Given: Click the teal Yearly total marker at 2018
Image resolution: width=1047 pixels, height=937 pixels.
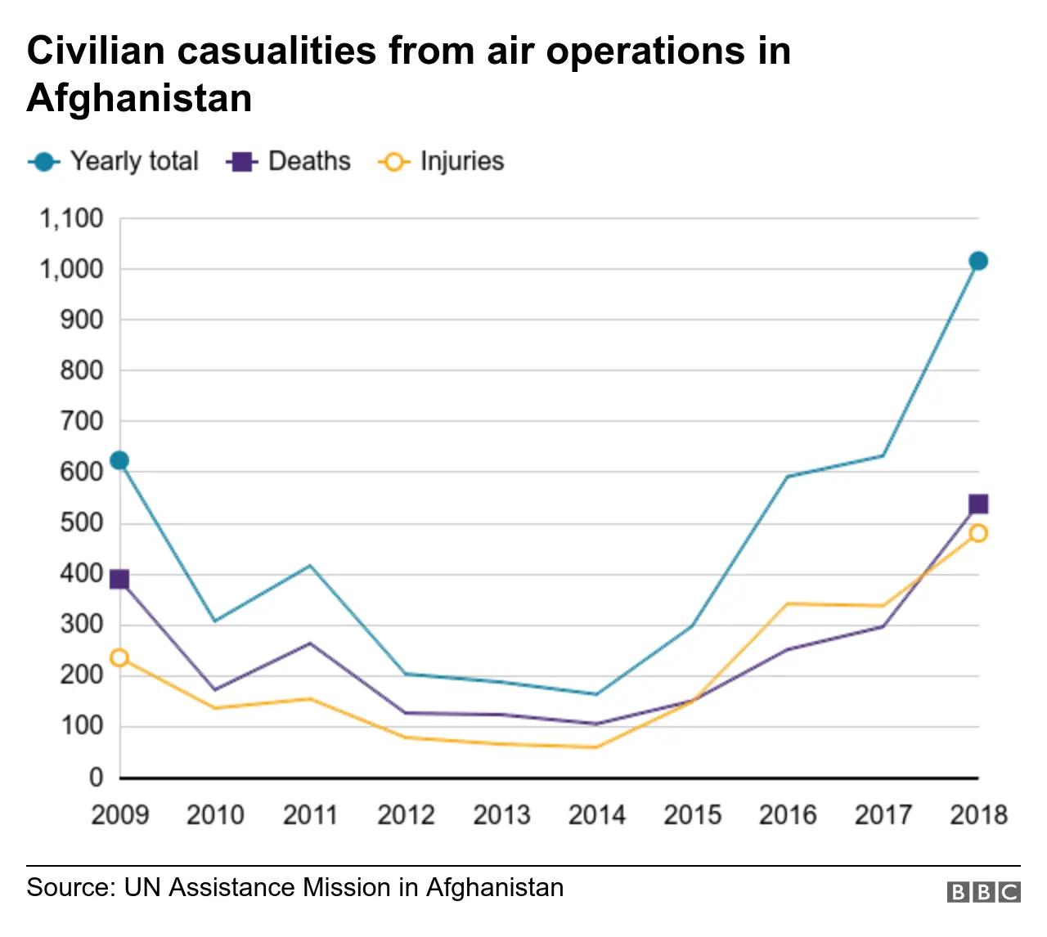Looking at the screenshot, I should (x=977, y=261).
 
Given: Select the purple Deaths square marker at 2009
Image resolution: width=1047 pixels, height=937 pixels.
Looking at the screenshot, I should (x=119, y=580).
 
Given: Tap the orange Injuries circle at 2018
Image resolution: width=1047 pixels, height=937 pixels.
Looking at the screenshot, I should (x=977, y=533).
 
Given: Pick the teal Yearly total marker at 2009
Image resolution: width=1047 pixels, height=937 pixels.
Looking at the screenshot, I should (x=119, y=460).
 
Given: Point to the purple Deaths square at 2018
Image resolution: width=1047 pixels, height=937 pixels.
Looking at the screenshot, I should (x=977, y=504).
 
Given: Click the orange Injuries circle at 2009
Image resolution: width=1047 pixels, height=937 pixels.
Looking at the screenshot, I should (x=119, y=657).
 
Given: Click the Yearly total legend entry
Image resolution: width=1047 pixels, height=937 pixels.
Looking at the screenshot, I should (x=115, y=161).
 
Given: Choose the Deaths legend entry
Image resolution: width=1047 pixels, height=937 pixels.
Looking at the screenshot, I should (x=290, y=161).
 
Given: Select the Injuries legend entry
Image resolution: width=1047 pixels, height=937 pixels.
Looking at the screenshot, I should (x=442, y=161).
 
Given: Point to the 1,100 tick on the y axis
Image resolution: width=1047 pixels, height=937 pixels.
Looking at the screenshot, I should (x=72, y=218).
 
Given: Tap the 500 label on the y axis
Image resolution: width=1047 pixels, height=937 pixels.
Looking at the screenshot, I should (x=82, y=522).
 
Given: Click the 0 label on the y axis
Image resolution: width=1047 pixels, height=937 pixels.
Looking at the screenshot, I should (x=96, y=777).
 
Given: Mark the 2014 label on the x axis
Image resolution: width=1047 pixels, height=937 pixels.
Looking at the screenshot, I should (x=596, y=814).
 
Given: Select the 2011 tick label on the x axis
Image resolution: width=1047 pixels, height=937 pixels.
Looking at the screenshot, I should (x=310, y=814).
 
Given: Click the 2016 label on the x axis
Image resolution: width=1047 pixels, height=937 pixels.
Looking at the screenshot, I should (x=787, y=814).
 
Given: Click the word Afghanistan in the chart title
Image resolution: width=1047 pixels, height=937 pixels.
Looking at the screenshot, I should (x=139, y=98).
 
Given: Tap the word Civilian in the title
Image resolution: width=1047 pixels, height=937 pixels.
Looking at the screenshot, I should (x=97, y=51).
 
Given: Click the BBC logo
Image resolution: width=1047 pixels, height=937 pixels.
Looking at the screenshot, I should (x=983, y=891).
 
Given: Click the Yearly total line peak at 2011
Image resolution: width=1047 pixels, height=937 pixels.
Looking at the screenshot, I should (x=310, y=565).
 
